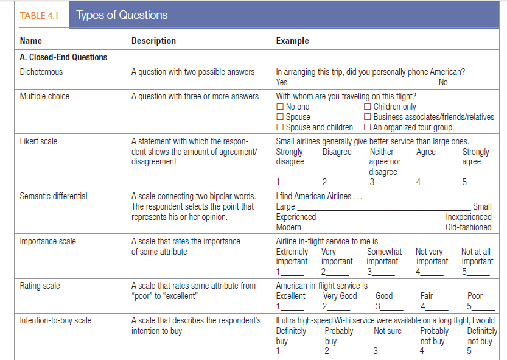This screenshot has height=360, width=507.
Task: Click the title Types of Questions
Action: [122, 15]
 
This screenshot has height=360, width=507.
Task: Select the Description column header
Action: [153, 41]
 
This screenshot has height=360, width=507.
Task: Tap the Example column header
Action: [292, 41]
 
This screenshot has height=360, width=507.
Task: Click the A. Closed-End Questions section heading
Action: [63, 57]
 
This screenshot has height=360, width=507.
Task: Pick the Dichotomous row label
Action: [41, 72]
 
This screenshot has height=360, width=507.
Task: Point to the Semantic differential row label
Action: [53, 196]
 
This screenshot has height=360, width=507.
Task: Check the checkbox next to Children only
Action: [368, 107]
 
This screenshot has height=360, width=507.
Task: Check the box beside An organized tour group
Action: [368, 127]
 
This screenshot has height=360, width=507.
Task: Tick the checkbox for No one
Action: [280, 107]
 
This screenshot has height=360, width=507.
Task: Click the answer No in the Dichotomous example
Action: [443, 82]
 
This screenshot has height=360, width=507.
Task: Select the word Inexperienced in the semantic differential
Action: [468, 217]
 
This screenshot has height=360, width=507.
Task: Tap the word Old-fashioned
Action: [468, 227]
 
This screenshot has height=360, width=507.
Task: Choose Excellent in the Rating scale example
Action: [291, 296]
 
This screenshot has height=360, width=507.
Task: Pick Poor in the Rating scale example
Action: [475, 296]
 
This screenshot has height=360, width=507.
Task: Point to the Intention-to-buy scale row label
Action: [55, 320]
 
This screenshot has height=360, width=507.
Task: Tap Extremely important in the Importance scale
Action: [292, 256]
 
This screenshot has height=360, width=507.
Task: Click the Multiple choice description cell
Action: [195, 96]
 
